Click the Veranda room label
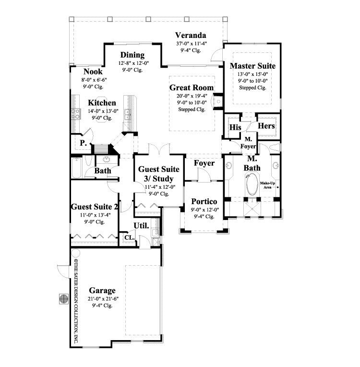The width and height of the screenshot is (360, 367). point(191,35)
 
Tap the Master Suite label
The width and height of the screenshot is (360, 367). point(252,65)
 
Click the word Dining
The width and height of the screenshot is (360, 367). point(132,55)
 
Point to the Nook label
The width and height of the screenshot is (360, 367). point(92,72)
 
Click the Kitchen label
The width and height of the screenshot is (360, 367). point(101,103)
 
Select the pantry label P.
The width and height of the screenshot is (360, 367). point(83,143)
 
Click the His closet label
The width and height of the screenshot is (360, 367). point(235,127)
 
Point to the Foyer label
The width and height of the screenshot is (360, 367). point(204,163)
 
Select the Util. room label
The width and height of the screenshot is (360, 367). point(141,225)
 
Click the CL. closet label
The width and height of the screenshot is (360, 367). point(129,237)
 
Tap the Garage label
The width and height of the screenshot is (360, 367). point(102,291)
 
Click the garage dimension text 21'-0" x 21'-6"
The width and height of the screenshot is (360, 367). point(102,298)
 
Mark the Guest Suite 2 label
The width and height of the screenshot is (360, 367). point(95,207)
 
